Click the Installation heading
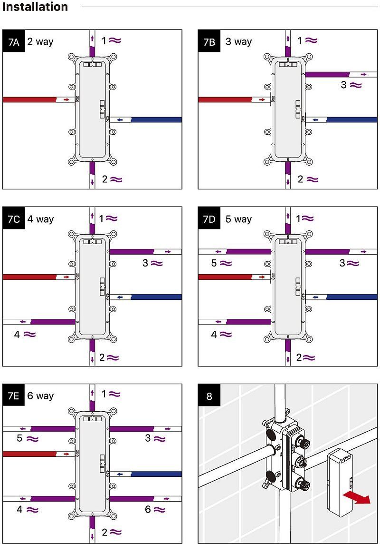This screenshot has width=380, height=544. [x=35, y=7]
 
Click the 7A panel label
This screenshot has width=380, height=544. [x=13, y=41]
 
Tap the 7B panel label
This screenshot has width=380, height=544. [x=209, y=41]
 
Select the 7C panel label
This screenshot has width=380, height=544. [x=13, y=219]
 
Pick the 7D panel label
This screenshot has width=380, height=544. [x=209, y=219]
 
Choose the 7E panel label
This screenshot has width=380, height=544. [x=13, y=396]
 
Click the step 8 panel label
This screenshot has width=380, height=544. [x=209, y=396]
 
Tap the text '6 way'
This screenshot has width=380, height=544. [x=40, y=396]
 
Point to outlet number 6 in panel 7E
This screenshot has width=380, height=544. [x=148, y=509]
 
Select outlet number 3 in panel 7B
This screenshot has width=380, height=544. [x=344, y=85]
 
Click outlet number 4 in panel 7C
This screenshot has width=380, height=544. [x=17, y=335]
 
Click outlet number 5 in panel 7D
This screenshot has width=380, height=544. [x=214, y=263]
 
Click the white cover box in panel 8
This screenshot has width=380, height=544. [x=341, y=482]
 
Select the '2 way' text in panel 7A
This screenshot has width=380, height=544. [x=40, y=41]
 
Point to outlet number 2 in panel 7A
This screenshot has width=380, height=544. [x=105, y=179]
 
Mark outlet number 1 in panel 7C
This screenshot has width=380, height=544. [x=102, y=219]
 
